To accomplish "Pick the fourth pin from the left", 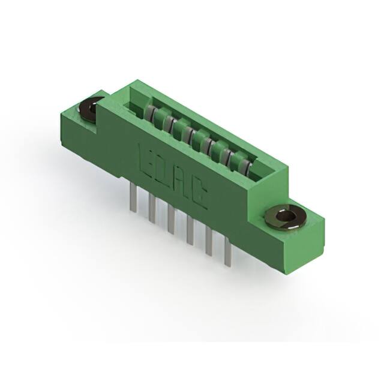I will pos(190,233).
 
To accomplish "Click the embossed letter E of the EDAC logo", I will pos(146,157).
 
